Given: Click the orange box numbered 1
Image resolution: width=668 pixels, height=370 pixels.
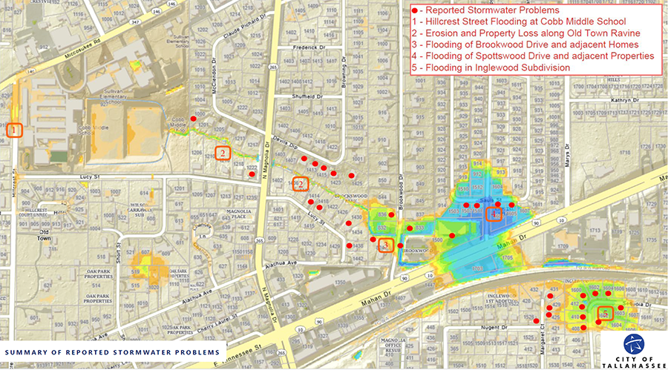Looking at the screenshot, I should pyautogui.click(x=14, y=129).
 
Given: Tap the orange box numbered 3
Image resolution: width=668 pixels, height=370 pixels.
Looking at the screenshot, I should pyautogui.click(x=385, y=246).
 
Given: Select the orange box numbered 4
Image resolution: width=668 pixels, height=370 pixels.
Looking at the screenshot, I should pyautogui.click(x=494, y=214).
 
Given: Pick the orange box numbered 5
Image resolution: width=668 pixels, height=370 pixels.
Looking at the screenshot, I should pyautogui.click(x=605, y=313).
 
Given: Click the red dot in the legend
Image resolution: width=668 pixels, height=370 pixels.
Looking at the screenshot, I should pyautogui.click(x=415, y=11).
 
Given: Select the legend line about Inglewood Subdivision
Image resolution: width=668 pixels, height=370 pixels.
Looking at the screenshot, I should pyautogui.click(x=490, y=67).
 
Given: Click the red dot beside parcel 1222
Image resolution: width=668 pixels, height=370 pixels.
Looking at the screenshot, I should pyautogui.click(x=252, y=175).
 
